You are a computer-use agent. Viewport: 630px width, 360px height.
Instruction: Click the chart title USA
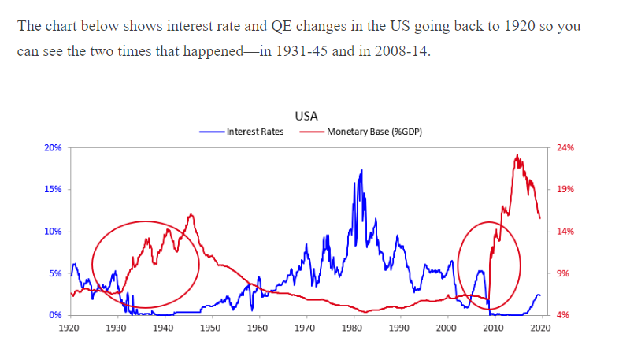306,116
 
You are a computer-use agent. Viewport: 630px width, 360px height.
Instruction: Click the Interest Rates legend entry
254,132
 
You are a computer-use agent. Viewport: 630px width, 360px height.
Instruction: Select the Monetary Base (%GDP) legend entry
373,132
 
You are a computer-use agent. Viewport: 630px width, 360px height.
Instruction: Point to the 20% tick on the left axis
53,147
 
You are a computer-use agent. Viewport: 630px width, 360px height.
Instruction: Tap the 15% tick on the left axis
53,190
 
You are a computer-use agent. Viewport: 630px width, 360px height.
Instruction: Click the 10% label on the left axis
53,232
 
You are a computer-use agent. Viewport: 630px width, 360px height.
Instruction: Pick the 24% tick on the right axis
565,147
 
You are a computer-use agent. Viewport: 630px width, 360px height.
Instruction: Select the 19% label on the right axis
565,190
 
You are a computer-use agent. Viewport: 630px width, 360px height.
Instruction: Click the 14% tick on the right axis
565,232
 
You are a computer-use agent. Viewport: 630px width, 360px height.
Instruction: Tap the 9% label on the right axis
563,273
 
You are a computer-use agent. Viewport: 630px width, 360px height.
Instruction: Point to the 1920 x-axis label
69,327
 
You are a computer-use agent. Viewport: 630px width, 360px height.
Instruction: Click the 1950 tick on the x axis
211,327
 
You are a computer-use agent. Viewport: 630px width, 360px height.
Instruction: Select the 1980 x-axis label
352,327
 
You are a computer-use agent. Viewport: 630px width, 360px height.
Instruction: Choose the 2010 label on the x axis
494,327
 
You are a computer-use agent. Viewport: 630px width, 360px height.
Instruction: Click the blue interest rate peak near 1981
361,170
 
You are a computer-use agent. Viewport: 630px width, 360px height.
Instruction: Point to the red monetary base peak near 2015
517,155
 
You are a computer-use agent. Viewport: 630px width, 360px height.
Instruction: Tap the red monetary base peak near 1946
190,214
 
